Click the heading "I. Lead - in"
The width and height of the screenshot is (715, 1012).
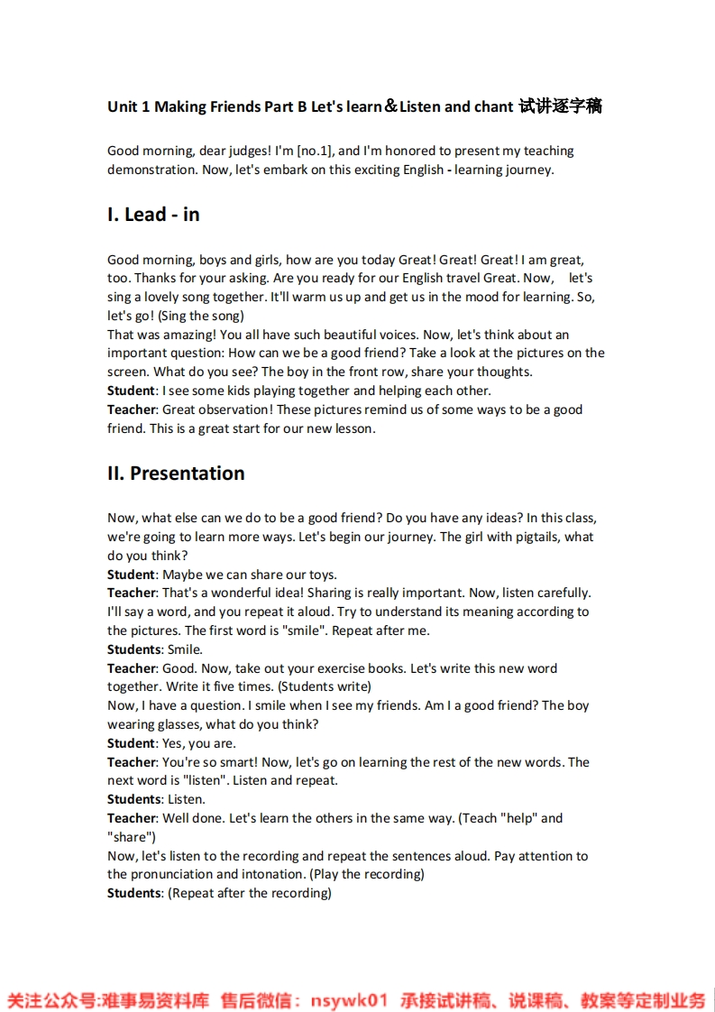[x=153, y=215]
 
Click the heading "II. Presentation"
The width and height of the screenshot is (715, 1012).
[x=176, y=474]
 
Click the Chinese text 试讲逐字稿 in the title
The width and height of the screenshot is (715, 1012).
[x=561, y=106]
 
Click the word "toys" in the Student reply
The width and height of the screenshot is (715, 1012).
[x=321, y=575]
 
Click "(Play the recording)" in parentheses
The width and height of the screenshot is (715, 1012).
[x=367, y=874]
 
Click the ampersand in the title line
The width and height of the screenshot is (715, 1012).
[x=391, y=106]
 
